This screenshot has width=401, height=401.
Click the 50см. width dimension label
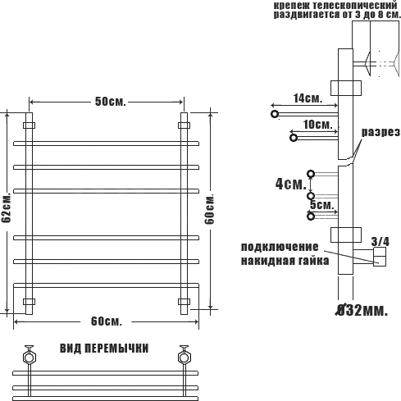coord(111,102)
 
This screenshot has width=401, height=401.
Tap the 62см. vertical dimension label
coord(7,207)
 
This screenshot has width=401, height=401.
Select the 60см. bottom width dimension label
coord(107,321)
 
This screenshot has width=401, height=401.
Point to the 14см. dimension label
coord(308,98)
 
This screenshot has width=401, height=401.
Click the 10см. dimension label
coord(318,125)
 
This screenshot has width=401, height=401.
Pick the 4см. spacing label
coord(291,184)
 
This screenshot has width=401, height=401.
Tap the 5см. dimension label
coord(322,205)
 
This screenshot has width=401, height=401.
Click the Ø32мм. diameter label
coord(362,310)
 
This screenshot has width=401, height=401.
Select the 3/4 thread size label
coord(380,242)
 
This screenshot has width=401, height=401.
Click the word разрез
coord(380,133)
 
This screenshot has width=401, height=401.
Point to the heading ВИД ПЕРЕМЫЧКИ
coord(104,349)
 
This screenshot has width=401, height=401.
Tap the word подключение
coord(280,247)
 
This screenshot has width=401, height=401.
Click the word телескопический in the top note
coord(355,5)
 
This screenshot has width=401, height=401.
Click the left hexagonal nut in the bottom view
coord(29,358)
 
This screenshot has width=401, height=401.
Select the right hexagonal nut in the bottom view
coord(185,358)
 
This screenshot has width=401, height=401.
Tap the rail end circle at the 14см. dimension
coord(275,114)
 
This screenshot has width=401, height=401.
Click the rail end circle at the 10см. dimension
coord(294,138)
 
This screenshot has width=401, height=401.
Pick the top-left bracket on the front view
coord(29,125)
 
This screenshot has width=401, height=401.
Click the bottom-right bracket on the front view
coord(184,302)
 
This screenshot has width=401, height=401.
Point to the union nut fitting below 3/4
coord(380,257)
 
